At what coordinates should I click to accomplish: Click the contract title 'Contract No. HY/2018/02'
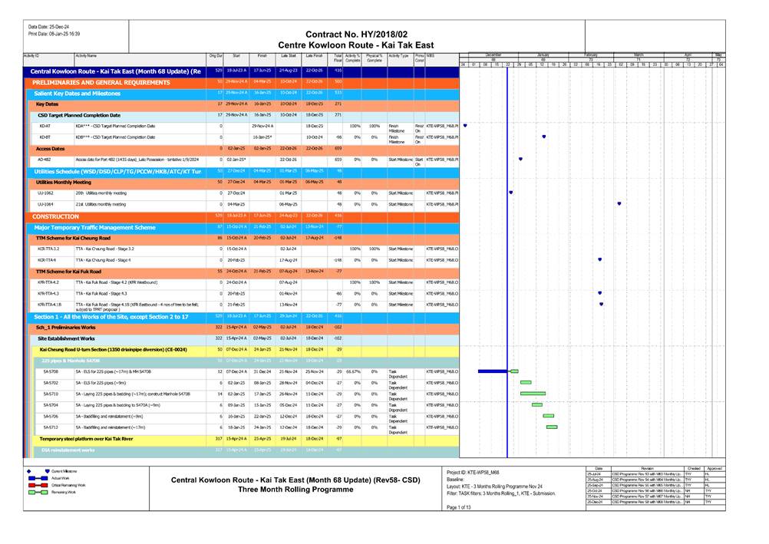coord(356,35)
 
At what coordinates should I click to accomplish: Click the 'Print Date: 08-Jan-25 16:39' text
coord(54,34)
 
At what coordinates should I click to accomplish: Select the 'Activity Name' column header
coord(86,56)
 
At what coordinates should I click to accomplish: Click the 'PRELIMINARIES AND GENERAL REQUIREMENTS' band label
coord(95,81)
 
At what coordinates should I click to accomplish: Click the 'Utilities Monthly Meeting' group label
coord(64,182)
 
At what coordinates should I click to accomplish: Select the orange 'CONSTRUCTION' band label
coord(55,216)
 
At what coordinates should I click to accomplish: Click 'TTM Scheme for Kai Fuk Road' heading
coord(70,271)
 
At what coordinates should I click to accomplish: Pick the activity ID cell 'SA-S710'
coord(49,394)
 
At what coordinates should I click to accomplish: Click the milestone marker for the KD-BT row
coord(544,137)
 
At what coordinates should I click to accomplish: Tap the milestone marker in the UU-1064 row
coord(619,204)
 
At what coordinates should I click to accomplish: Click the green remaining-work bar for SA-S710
coord(533,394)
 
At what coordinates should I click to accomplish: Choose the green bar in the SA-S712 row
coord(552,427)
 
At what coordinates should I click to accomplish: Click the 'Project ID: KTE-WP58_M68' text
coord(473,471)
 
